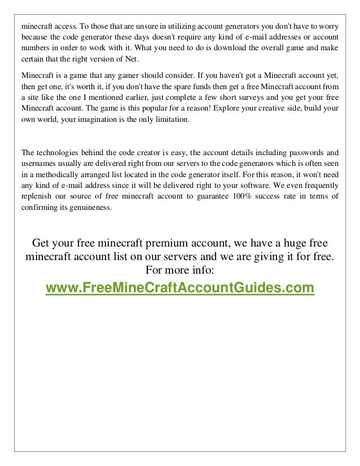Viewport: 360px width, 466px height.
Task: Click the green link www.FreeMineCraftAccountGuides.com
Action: tap(179, 288)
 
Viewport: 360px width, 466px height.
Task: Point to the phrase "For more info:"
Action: tap(179, 270)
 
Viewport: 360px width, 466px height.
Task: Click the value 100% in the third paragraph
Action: tap(245, 196)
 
